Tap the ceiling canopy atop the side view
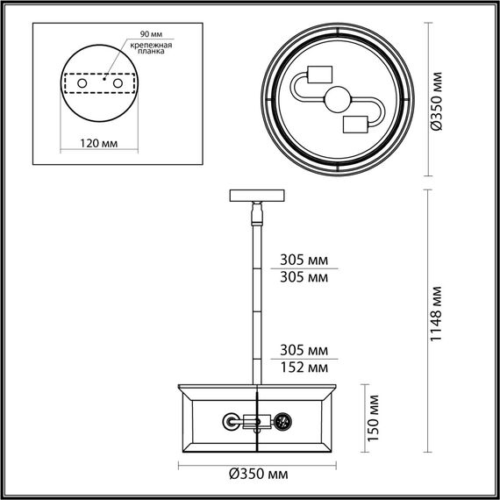pyautogui.click(x=256, y=196)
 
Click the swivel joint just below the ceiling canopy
pyautogui.click(x=256, y=212)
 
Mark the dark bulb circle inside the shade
pyautogui.click(x=283, y=423)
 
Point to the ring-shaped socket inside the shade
pyautogui.click(x=231, y=422)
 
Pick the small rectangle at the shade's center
pyautogui.click(x=255, y=422)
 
